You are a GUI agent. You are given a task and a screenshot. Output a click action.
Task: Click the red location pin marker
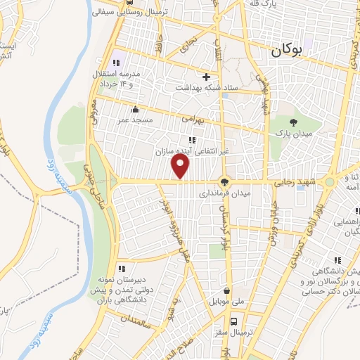181,166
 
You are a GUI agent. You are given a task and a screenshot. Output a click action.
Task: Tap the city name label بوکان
290,50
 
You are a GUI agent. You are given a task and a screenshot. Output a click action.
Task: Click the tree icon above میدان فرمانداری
225,181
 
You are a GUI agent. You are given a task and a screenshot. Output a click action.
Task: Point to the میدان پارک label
292,134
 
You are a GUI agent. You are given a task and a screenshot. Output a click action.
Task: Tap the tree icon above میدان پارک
292,122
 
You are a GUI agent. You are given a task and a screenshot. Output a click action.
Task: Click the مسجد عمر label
135,121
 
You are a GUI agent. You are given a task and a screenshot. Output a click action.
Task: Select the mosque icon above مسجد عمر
135,110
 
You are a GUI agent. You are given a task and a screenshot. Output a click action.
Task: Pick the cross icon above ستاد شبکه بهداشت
206,77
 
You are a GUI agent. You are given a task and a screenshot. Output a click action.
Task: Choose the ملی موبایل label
226,301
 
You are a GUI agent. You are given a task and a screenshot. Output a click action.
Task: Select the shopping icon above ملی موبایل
226,290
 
